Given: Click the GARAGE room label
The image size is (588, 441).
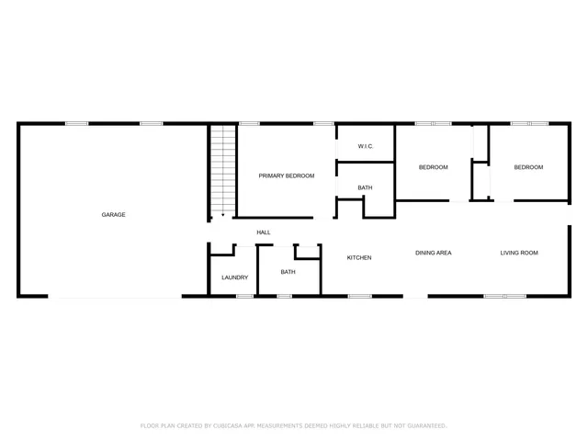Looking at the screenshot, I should pyautogui.click(x=113, y=215).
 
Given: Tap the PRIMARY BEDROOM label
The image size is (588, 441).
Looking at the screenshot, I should pyautogui.click(x=286, y=175).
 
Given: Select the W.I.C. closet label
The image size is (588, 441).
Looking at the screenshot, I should pyautogui.click(x=365, y=146).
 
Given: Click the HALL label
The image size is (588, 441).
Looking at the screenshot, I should pyautogui.click(x=264, y=232).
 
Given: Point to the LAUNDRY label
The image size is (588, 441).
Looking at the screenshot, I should pyautogui.click(x=234, y=277).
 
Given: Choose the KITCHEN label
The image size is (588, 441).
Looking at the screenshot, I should pyautogui.click(x=359, y=257).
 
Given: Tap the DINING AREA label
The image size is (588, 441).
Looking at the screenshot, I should pyautogui.click(x=433, y=253).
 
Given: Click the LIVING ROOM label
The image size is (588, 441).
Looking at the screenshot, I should pyautogui.click(x=519, y=253).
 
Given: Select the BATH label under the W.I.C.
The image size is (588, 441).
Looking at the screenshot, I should pyautogui.click(x=365, y=188).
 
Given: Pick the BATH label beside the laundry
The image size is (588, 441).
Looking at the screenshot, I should pyautogui.click(x=288, y=272).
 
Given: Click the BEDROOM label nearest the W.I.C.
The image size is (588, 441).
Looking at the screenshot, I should pyautogui.click(x=433, y=167).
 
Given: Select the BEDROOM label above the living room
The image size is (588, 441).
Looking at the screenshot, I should pyautogui.click(x=528, y=167).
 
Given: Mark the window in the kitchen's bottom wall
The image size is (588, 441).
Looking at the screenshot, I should pyautogui.click(x=359, y=296).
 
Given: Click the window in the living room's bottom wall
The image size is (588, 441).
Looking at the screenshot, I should pyautogui.click(x=504, y=296).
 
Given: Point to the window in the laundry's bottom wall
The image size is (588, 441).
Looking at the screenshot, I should pyautogui.click(x=244, y=296).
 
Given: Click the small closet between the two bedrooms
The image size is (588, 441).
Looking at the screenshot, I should pyautogui.click(x=481, y=180).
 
